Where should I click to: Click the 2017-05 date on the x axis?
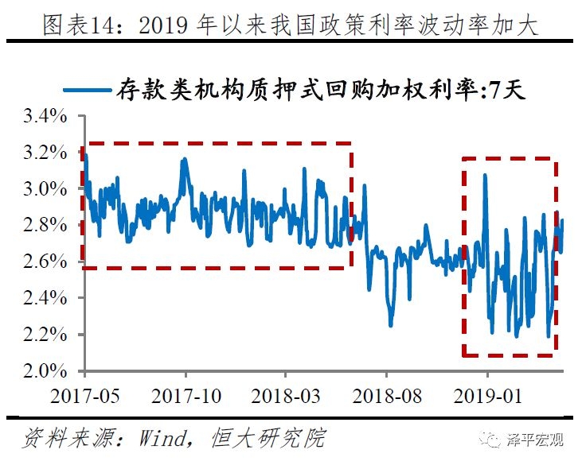pyautogui.click(x=86, y=395)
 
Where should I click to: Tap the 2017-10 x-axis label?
pyautogui.click(x=186, y=395)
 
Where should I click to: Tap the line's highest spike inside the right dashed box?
pyautogui.click(x=485, y=175)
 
